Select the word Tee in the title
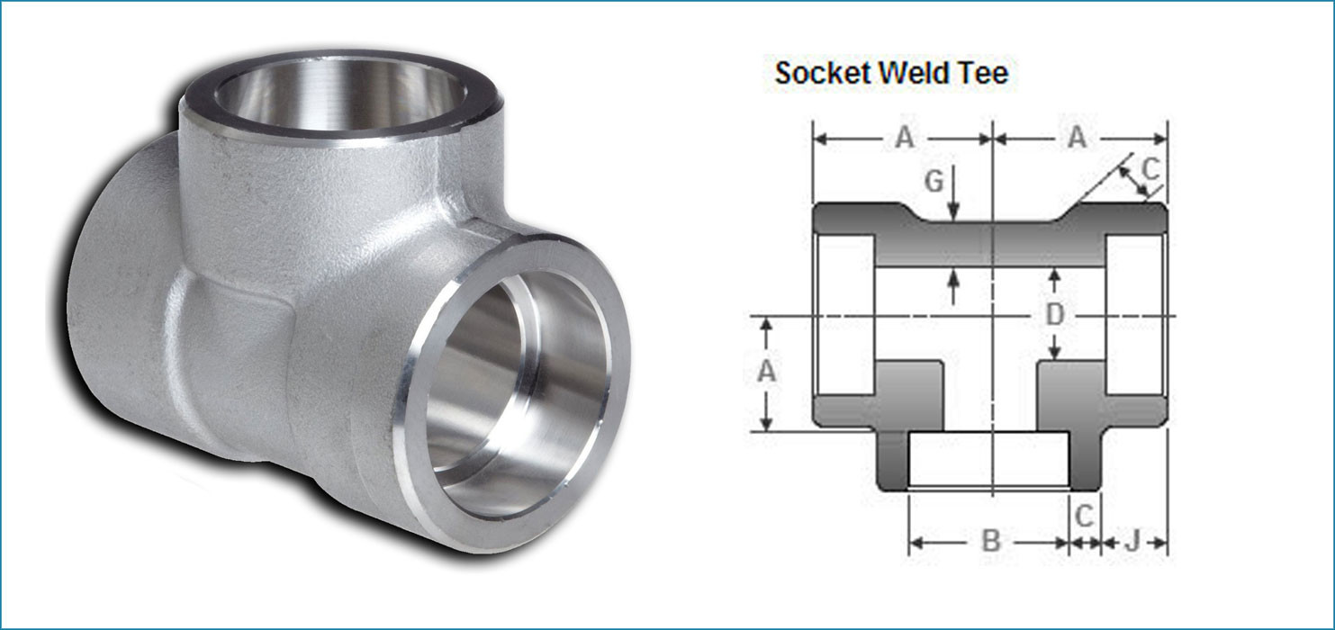[983, 73]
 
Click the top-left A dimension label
[904, 138]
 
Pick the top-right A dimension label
[1077, 138]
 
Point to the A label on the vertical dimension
[766, 371]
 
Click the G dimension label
[934, 182]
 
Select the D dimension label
[1055, 315]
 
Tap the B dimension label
[990, 541]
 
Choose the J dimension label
[1132, 541]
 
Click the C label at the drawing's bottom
[1085, 516]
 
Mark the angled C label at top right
[1150, 168]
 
